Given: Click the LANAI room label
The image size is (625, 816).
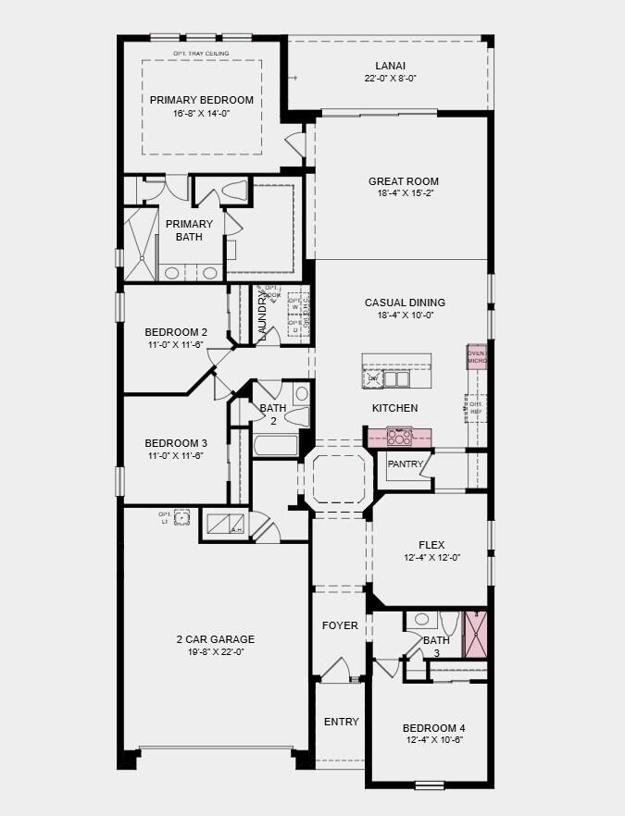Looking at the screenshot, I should coord(390,66).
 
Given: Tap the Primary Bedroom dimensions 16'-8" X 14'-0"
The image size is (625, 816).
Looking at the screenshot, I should coord(201,114).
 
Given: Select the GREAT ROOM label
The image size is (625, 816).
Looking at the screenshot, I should coord(403,181).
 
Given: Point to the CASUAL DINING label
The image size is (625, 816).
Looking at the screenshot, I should coord(405,303).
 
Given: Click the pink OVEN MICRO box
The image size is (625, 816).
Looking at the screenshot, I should coord(477,357).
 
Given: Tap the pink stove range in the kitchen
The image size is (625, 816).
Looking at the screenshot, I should coord(399,436).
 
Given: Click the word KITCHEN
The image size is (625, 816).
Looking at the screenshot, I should coord(394,408).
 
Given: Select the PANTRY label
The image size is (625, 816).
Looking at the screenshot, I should coord(406,464).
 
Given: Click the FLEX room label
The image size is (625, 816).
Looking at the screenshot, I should coord(432,544).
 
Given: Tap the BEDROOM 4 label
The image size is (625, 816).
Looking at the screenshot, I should coord(433,727).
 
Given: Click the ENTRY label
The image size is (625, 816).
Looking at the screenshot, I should coord(341,722).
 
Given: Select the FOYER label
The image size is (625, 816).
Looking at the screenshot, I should coord(340,625).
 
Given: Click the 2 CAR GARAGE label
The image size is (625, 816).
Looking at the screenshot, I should coord(215,639).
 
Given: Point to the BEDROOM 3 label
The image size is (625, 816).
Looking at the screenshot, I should coord(176,442).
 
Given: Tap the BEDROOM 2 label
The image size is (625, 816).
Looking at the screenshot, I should coord(176,332).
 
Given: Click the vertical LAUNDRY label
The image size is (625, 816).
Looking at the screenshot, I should coord(263,314).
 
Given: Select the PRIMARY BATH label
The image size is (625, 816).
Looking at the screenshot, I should coord(189,230).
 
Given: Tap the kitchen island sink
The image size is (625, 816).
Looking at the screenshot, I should coord(395,378).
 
